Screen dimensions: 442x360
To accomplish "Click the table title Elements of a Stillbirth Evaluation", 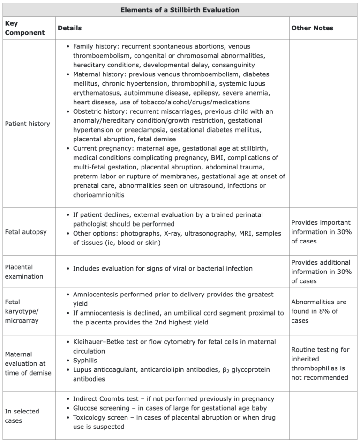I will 180,10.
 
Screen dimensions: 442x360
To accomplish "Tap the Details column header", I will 69,28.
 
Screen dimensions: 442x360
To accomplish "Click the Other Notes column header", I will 312,28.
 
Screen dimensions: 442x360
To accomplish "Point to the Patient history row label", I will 27,124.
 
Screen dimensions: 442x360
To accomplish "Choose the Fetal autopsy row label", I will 25,232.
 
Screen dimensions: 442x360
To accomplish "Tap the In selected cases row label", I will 22,416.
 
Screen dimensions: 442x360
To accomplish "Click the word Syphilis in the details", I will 86,361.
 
